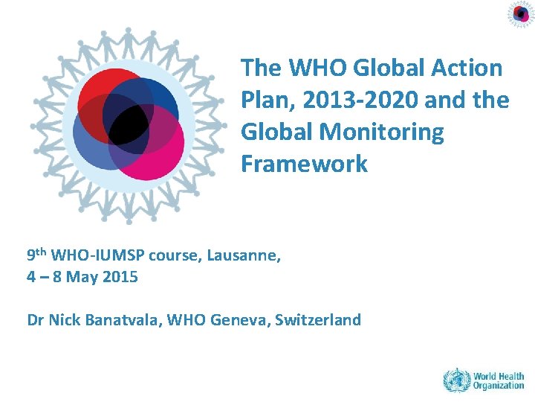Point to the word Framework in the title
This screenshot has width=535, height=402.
[x=304, y=164]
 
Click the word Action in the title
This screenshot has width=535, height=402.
[x=465, y=68]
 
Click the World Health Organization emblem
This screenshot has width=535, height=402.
[x=456, y=381]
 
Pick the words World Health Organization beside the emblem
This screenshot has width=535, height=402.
[x=499, y=381]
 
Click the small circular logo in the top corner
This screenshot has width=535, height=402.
[x=521, y=14]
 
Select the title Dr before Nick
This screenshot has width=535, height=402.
[x=35, y=320]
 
